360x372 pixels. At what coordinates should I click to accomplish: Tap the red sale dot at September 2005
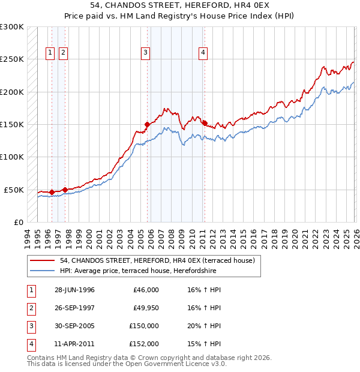pyautogui.click(x=147, y=125)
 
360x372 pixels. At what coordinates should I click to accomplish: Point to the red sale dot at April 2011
pyautogui.click(x=205, y=124)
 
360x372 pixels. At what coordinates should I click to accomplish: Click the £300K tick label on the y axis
pyautogui.click(x=12, y=27)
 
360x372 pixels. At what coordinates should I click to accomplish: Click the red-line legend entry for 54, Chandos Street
pyautogui.click(x=158, y=260)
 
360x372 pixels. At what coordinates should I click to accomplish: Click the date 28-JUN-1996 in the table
pyautogui.click(x=74, y=290)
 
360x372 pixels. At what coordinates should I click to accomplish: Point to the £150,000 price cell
pyautogui.click(x=143, y=326)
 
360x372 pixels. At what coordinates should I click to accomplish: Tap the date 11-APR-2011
pyautogui.click(x=74, y=344)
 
